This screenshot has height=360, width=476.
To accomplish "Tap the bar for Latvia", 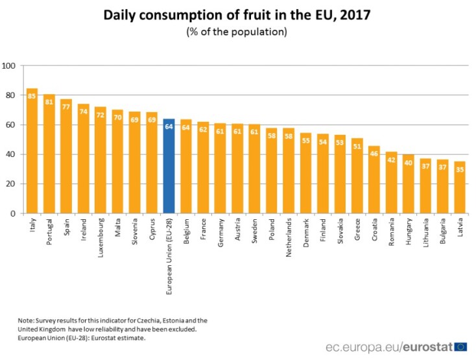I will [460, 187].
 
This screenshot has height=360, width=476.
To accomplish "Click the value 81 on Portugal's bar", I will [49, 102].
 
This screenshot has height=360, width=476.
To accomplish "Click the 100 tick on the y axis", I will [10, 66].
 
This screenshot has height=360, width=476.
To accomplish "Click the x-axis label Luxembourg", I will [101, 237].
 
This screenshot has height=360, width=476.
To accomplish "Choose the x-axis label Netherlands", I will [289, 239].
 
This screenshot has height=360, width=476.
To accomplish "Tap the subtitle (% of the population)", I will [237, 31].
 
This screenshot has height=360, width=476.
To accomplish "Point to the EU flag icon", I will [461, 347].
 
